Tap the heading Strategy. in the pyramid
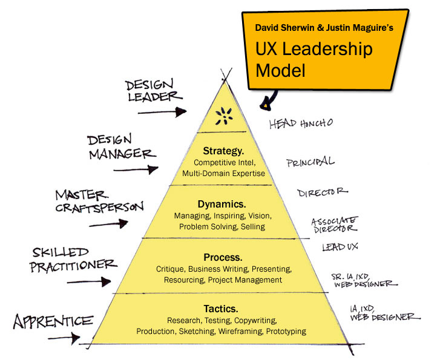[x=224, y=151]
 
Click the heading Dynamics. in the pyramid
[x=222, y=204]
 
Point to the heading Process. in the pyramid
[x=223, y=257]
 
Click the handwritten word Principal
[x=310, y=162]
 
